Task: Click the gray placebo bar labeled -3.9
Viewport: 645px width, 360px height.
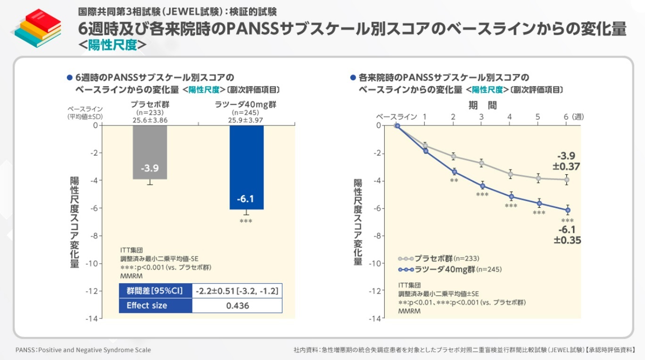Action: [x=149, y=152]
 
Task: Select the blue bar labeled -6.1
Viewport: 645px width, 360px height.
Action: [x=246, y=167]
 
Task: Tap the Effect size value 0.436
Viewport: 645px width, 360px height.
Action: [x=237, y=305]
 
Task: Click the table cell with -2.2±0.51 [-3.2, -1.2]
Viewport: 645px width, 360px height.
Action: [x=237, y=291]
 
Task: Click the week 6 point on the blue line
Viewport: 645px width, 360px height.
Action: [x=568, y=210]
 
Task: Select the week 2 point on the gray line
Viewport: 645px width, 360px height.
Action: [x=454, y=157]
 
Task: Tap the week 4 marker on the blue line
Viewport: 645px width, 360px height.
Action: [x=511, y=197]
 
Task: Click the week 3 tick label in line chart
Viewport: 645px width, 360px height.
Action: [x=481, y=117]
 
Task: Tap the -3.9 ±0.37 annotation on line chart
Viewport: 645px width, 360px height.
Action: [x=566, y=161]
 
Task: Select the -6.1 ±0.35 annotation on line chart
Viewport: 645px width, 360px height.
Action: [x=567, y=235]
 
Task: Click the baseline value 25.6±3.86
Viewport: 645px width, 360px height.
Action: [x=149, y=120]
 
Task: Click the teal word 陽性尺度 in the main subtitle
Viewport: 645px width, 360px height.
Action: [x=112, y=45]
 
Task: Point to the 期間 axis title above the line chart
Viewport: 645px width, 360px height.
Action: [x=482, y=105]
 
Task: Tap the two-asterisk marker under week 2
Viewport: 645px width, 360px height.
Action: [x=454, y=181]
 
